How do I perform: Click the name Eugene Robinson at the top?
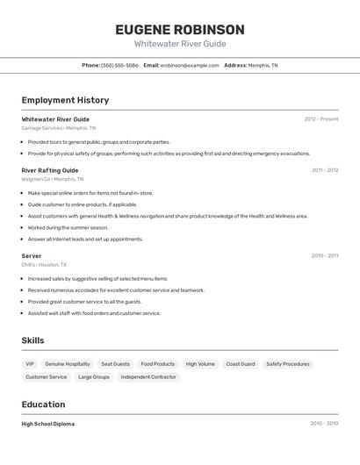(179, 30)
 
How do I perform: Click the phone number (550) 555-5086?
(119, 65)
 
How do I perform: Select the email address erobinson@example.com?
(190, 65)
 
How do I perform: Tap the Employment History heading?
(65, 100)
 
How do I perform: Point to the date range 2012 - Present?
(320, 119)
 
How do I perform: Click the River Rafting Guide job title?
(50, 170)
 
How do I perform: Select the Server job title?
(32, 256)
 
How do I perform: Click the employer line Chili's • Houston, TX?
(44, 264)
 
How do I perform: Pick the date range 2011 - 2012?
(324, 170)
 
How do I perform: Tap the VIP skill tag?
(30, 364)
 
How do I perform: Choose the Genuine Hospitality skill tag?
(68, 364)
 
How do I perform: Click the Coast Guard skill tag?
(241, 364)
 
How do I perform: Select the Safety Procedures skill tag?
(288, 364)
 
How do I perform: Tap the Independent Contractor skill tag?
(148, 377)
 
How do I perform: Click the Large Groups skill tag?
(94, 377)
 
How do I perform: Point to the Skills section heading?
(32, 340)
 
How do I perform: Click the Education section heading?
(43, 404)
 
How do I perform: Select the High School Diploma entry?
(48, 424)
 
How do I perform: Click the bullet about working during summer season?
(68, 227)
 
